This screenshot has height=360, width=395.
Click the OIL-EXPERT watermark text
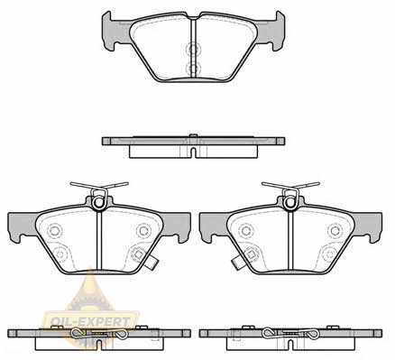(x=90, y=322)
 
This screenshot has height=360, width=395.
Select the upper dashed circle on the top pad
(x=193, y=50)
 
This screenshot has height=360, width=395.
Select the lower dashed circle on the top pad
(x=193, y=69)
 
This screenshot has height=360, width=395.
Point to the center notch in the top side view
(x=194, y=152)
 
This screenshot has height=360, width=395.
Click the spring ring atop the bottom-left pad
(x=98, y=202)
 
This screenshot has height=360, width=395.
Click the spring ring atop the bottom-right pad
(x=290, y=202)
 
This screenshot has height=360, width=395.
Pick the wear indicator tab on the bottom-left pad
(x=151, y=263)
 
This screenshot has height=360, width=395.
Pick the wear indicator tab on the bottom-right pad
(x=237, y=263)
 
